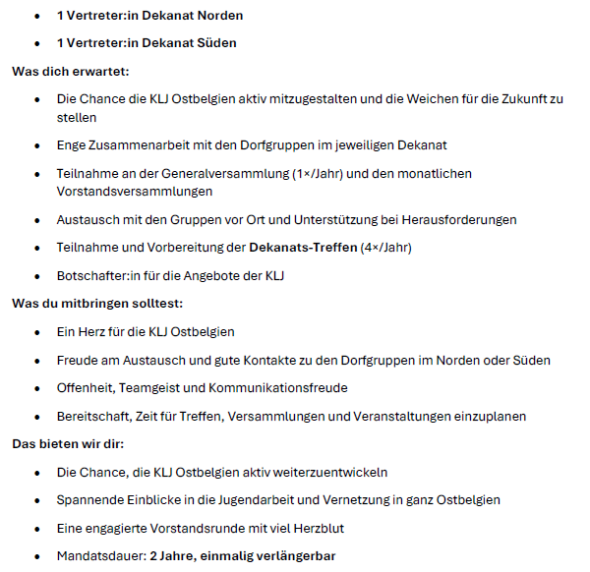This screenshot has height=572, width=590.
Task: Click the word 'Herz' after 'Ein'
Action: pos(93,331)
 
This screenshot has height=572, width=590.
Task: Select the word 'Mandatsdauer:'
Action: pos(100,556)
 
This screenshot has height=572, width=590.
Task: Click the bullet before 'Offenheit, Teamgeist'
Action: pos(37,387)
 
